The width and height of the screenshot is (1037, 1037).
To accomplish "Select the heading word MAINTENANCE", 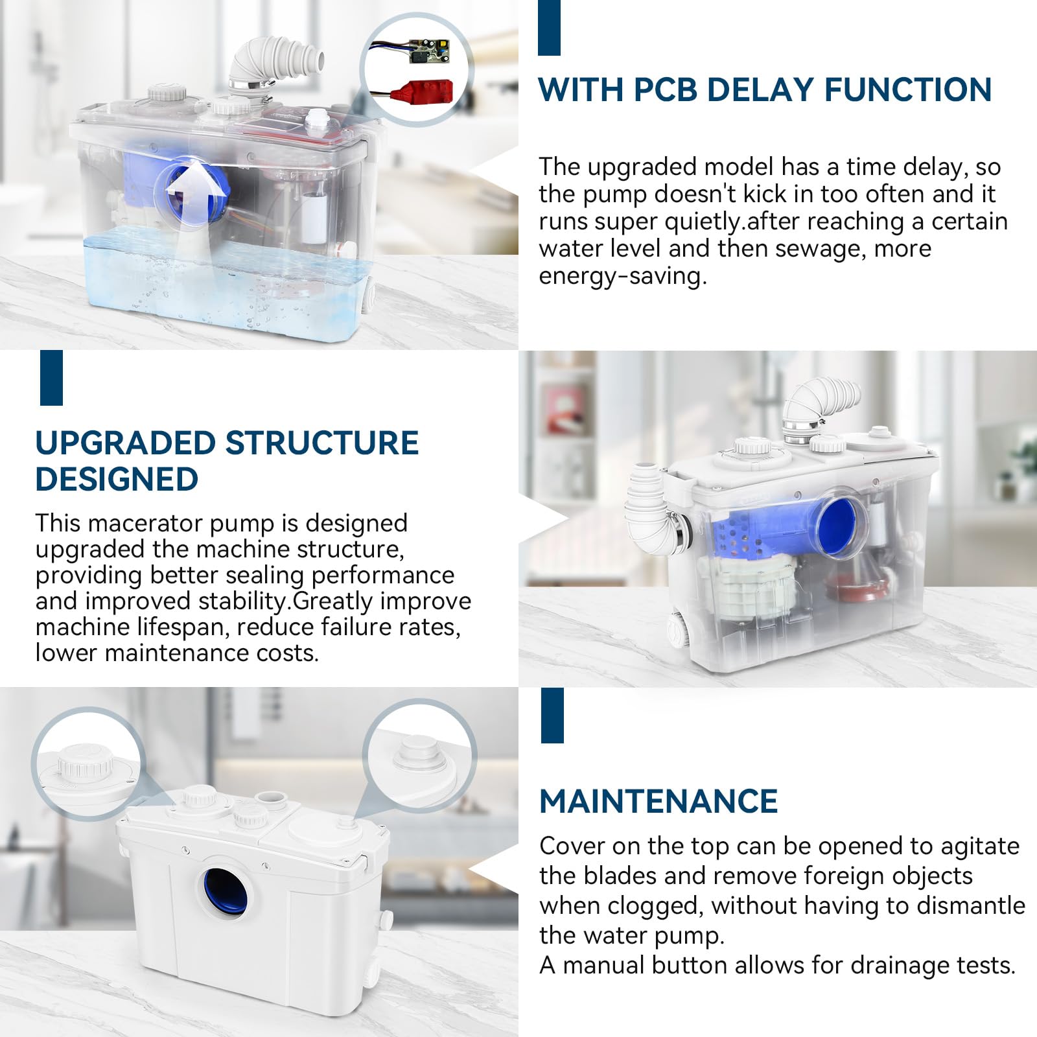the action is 658,801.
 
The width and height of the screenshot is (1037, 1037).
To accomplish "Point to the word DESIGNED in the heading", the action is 117,479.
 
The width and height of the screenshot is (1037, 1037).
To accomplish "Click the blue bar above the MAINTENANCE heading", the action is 552,715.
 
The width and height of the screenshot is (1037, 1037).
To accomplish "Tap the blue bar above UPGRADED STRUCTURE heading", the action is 51,378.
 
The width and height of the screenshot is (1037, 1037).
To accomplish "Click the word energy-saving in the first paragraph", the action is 622,277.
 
